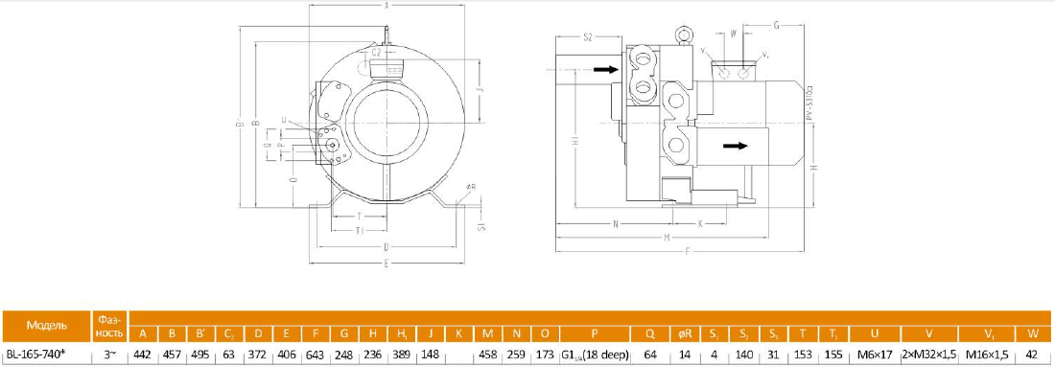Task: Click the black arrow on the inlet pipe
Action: pos(604,69)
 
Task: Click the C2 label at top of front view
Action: pos(377,55)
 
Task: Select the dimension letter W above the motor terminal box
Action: pos(733,33)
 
